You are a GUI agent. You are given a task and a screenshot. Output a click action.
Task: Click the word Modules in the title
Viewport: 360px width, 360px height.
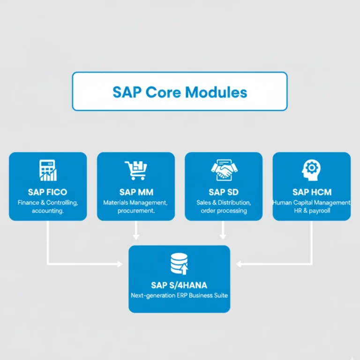coord(216,92)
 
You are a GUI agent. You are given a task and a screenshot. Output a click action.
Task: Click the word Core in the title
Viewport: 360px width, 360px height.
coord(164,92)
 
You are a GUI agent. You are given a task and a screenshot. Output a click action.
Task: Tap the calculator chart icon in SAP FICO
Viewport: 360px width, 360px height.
coord(48,171)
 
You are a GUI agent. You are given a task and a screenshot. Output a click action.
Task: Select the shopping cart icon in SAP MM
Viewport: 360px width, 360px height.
coord(135,171)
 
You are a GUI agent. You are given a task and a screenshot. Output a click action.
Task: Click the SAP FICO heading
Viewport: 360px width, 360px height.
coord(47,192)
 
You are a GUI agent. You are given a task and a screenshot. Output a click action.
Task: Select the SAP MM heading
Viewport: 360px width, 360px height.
coord(136,192)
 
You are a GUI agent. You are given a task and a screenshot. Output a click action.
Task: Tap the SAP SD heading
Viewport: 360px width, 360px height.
coord(224,192)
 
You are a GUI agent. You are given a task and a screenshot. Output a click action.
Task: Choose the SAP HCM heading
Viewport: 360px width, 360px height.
coord(311,192)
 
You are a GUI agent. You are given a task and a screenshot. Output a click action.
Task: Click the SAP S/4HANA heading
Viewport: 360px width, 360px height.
coord(179,285)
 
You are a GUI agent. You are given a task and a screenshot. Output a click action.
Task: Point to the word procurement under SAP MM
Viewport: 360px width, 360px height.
coord(136,211)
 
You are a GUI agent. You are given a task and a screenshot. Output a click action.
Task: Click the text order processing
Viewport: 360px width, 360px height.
coord(224,211)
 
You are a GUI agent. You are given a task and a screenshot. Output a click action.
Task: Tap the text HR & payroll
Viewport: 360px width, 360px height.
coord(311,211)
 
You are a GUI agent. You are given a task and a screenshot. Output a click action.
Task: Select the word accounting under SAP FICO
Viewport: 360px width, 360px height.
coord(47,211)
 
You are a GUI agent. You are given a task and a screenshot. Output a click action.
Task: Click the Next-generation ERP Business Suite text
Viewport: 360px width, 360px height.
coord(179,296)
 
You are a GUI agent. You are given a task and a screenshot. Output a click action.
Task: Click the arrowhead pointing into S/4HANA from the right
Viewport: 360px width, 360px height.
coord(239,264)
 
